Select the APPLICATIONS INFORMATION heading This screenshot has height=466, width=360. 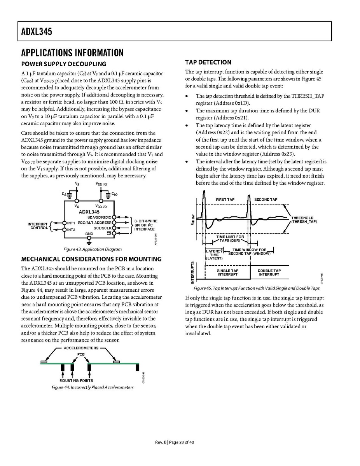pyautogui.click(x=72, y=53)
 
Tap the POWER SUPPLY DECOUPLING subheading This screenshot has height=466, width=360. pyautogui.click(x=63, y=64)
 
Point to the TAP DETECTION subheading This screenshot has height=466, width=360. pyautogui.click(x=208, y=62)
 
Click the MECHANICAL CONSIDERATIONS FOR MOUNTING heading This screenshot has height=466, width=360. pyautogui.click(x=91, y=259)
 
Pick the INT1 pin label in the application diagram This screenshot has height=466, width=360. pyautogui.click(x=71, y=223)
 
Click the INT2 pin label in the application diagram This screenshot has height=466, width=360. pyautogui.click(x=71, y=229)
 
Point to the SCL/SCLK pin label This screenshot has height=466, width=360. pyautogui.click(x=103, y=228)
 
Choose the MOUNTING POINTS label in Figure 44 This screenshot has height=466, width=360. pyautogui.click(x=76, y=380)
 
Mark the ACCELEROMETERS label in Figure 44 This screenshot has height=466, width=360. pyautogui.click(x=81, y=348)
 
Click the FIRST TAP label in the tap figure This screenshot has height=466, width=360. pyautogui.click(x=225, y=200)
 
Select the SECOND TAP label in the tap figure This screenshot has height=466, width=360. pyautogui.click(x=266, y=200)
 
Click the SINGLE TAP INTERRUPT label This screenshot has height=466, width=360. pyautogui.click(x=227, y=272)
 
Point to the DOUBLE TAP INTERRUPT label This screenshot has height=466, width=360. pyautogui.click(x=269, y=272)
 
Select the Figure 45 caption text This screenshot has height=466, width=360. pyautogui.click(x=257, y=289)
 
